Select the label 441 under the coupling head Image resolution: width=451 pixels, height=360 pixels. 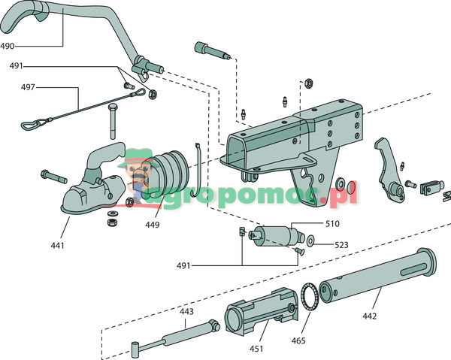tap(57, 245)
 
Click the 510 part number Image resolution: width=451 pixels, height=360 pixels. tap(331, 223)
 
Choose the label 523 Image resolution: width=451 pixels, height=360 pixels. tap(341, 244)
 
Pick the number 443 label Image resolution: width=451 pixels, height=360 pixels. tap(186, 310)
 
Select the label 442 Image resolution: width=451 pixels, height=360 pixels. tap(368, 316)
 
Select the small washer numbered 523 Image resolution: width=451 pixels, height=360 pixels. tap(310, 241)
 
